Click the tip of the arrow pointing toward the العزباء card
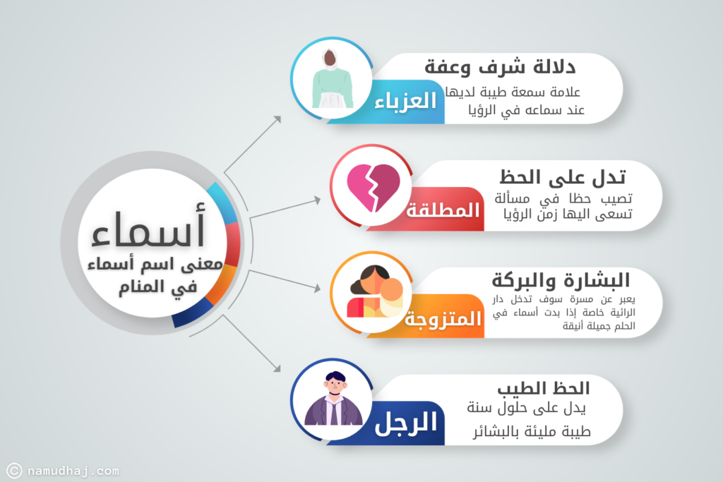tap(281, 116)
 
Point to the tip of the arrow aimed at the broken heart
tap(321, 199)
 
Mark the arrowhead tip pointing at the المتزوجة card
tap(321, 289)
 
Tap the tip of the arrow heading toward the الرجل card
tap(280, 371)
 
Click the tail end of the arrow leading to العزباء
tap(225, 173)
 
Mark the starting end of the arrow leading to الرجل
tap(224, 315)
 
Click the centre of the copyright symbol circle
tap(14, 471)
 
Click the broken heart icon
tap(374, 187)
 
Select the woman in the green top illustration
tap(333, 79)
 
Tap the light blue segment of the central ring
tap(222, 203)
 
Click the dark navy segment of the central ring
tap(192, 313)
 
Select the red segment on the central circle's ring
tap(233, 244)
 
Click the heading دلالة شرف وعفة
tap(500, 67)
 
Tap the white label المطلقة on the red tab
tap(443, 210)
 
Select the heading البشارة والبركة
tap(561, 279)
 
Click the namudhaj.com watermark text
tap(73, 471)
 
